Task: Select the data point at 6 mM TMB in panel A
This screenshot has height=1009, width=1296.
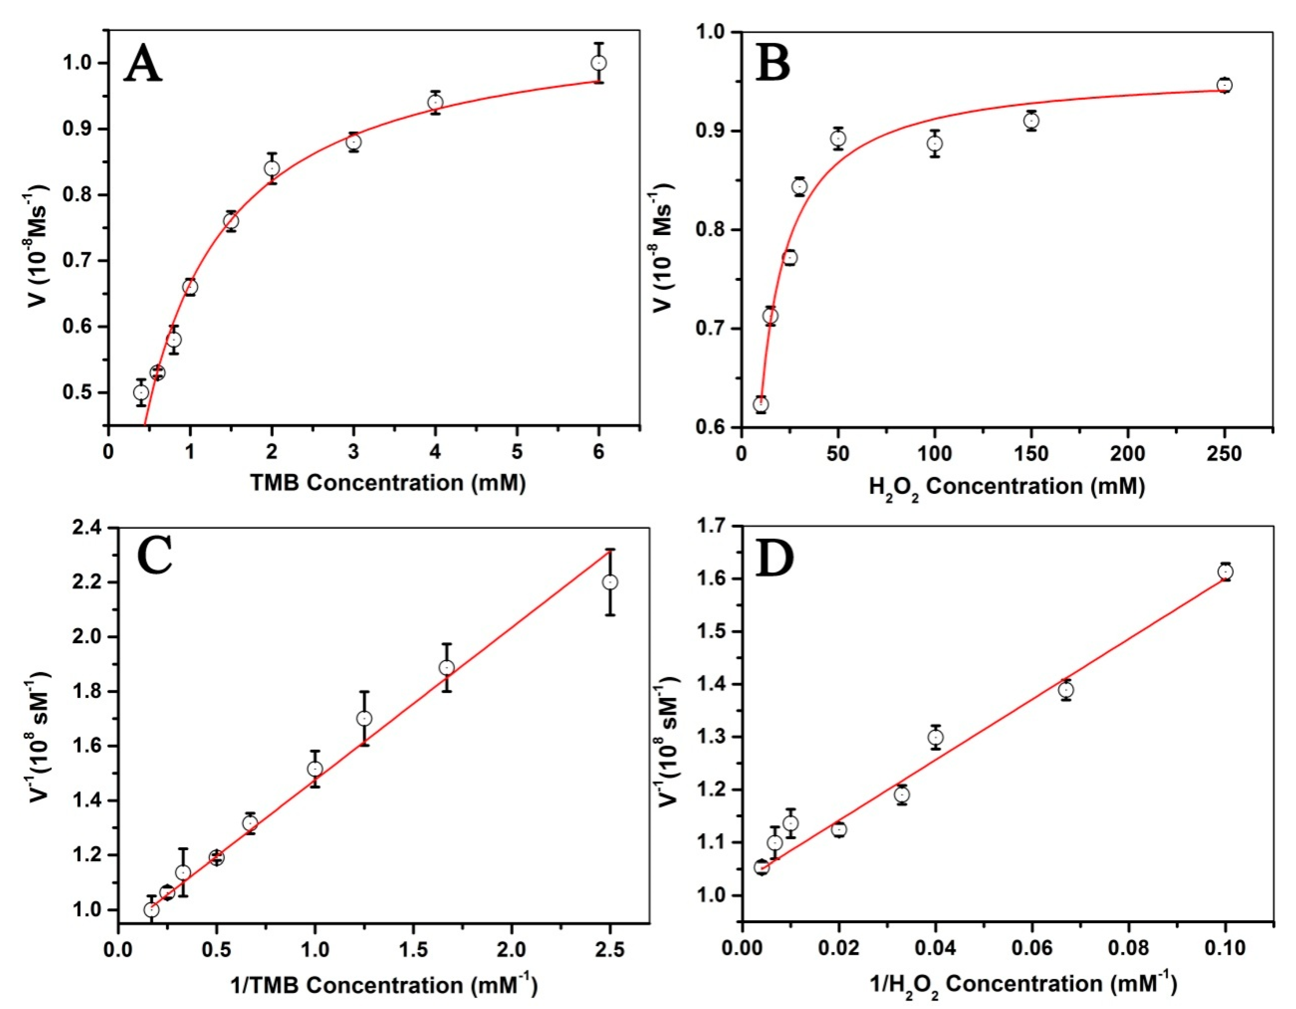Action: (599, 63)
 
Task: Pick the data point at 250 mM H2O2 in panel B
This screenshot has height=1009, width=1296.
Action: (1224, 85)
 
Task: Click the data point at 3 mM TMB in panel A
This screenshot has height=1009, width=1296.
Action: (354, 142)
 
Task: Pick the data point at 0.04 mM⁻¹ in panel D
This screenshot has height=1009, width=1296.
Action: (936, 737)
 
